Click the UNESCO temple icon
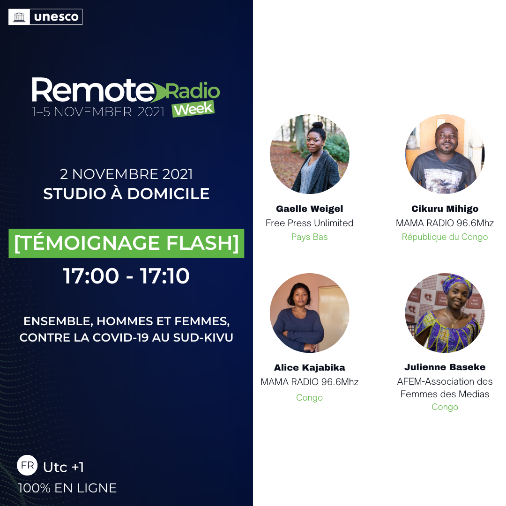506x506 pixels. point(19,17)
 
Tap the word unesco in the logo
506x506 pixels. point(56,17)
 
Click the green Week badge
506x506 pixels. point(193,109)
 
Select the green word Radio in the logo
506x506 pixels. point(193,91)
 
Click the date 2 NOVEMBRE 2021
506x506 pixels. point(126,174)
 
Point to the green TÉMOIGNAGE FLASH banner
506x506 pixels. point(126,243)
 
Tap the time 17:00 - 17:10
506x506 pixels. point(126,276)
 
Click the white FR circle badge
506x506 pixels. point(27,465)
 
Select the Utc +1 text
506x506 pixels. point(64,467)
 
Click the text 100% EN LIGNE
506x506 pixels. point(67,488)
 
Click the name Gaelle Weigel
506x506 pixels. point(310,209)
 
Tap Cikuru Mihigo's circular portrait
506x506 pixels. point(445,154)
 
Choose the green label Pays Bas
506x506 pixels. point(310,237)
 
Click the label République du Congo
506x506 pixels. point(445,237)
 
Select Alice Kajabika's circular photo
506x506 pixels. point(310,313)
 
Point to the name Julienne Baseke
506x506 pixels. point(445,367)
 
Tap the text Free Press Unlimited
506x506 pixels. point(310,223)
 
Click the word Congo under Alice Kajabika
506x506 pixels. point(310,398)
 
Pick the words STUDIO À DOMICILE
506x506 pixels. point(126,193)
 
